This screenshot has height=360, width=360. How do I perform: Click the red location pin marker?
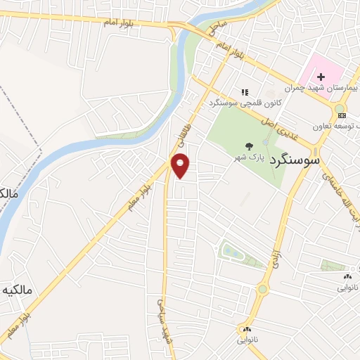pos(181,167)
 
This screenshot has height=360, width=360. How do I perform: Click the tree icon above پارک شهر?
pos(250,146)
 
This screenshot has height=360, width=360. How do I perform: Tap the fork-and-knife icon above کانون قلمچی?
pos(245,91)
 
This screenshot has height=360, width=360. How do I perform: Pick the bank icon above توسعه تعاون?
pos(342,115)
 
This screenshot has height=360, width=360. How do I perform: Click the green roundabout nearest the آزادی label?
pos(263,289)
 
